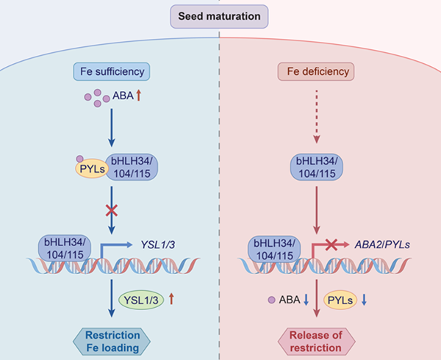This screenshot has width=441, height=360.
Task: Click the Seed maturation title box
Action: [x=220, y=15]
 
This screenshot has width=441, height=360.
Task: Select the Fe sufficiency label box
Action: [x=111, y=72]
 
